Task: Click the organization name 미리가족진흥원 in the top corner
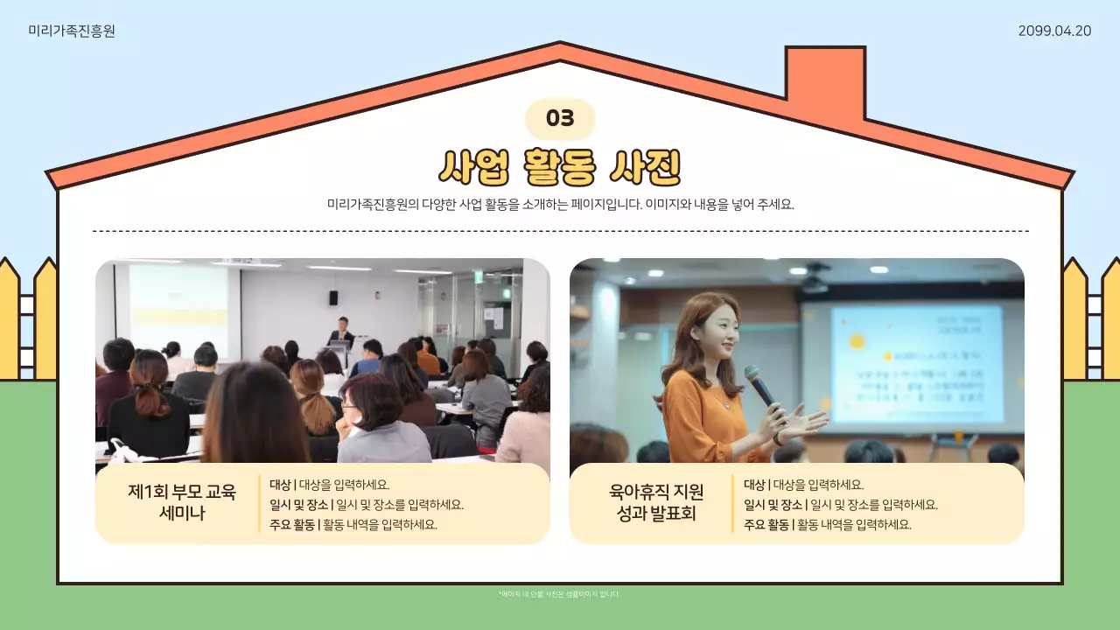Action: tap(72, 31)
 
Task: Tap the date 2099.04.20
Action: tap(1054, 31)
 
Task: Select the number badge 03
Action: tap(560, 119)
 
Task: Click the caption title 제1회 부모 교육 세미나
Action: tap(182, 502)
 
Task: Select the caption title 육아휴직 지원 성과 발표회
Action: tap(656, 502)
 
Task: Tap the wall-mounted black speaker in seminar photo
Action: tap(333, 297)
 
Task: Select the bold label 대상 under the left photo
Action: tap(280, 485)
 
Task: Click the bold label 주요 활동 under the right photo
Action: tap(766, 525)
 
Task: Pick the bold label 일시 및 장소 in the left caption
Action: tap(298, 505)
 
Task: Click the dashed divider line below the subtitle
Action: tap(560, 231)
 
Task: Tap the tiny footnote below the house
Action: tap(559, 594)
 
